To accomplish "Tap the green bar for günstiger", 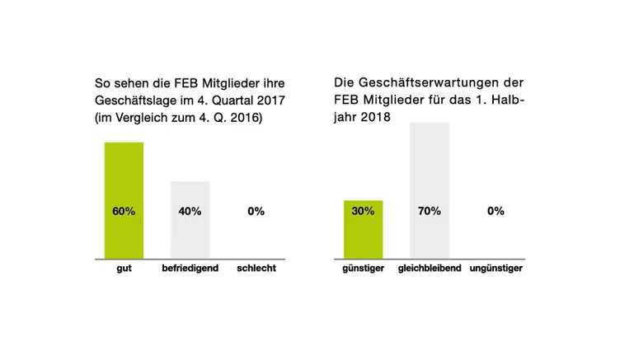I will coord(363,239).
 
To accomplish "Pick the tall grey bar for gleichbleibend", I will coord(429,165).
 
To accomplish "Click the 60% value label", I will coord(124,212).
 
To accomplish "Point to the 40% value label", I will coord(190,212).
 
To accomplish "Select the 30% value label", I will coord(363,211).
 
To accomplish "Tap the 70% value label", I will coord(429,211).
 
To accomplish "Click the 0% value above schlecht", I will coord(256,212).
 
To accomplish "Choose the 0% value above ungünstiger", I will coord(495,211).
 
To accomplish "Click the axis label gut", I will coord(124,269).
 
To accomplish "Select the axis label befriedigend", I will coord(190,269).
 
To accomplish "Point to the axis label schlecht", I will coord(256,269).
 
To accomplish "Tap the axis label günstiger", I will coord(363,269).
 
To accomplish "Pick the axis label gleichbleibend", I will coord(429,269).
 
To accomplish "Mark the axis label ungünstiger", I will coord(495,269).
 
